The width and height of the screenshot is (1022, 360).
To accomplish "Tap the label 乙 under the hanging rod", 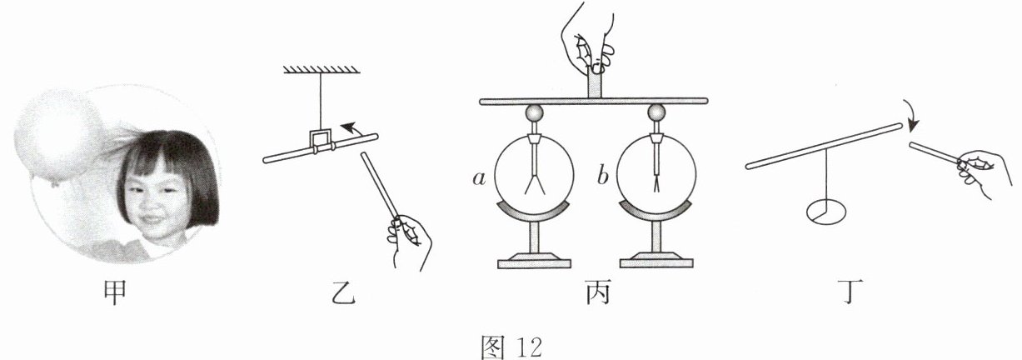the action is pos(341,293).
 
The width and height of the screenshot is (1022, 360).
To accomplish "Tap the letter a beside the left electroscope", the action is pos(478,177).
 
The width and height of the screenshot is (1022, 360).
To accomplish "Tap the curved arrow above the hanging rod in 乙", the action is pos(356,129).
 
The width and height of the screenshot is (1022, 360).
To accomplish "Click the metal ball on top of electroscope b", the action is pos(657,113).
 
